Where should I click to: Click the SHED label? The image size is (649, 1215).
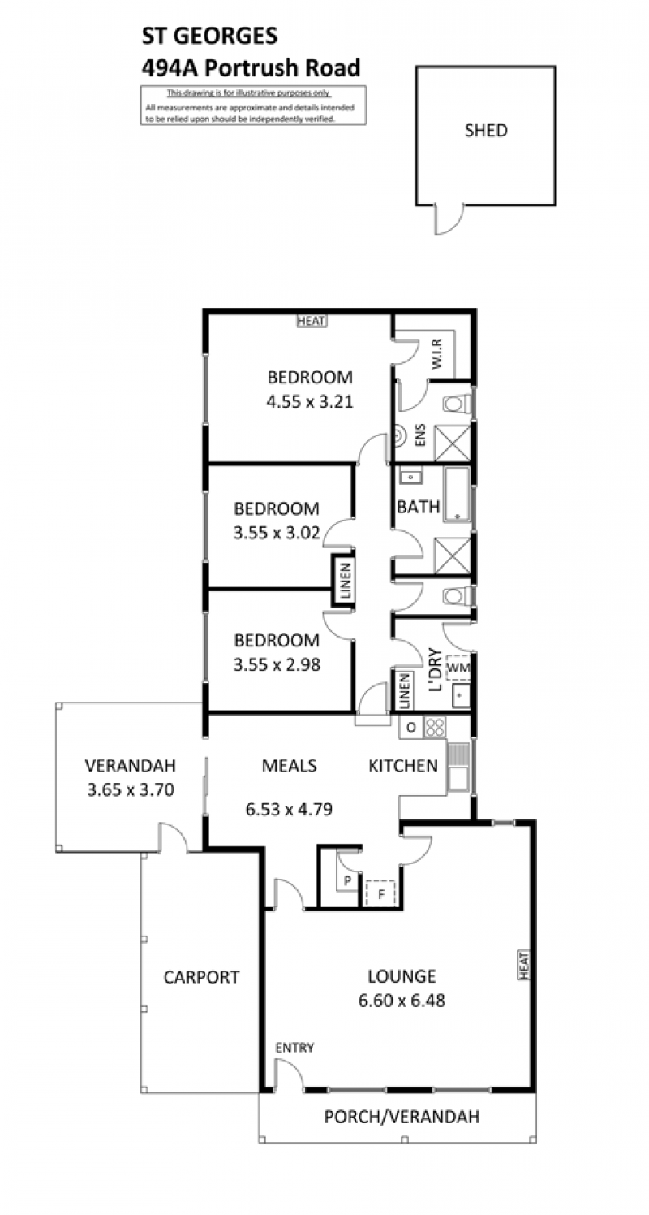click(486, 131)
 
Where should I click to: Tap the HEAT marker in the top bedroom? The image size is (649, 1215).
click(312, 321)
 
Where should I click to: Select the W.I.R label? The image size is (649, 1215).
click(437, 353)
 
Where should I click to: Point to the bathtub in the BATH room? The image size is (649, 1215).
click(458, 494)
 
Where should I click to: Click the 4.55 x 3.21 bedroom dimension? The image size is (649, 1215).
click(309, 402)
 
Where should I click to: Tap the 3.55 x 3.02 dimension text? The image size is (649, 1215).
click(277, 533)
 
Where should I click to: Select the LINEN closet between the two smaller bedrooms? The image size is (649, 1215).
click(345, 581)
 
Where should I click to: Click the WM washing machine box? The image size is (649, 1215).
click(458, 668)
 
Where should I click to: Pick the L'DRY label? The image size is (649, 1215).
click(435, 670)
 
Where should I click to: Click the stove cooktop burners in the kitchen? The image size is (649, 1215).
click(435, 727)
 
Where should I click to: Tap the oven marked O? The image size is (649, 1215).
click(411, 728)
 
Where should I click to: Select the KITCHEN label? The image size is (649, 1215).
click(403, 766)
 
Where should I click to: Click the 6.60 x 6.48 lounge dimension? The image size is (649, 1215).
click(402, 1001)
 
